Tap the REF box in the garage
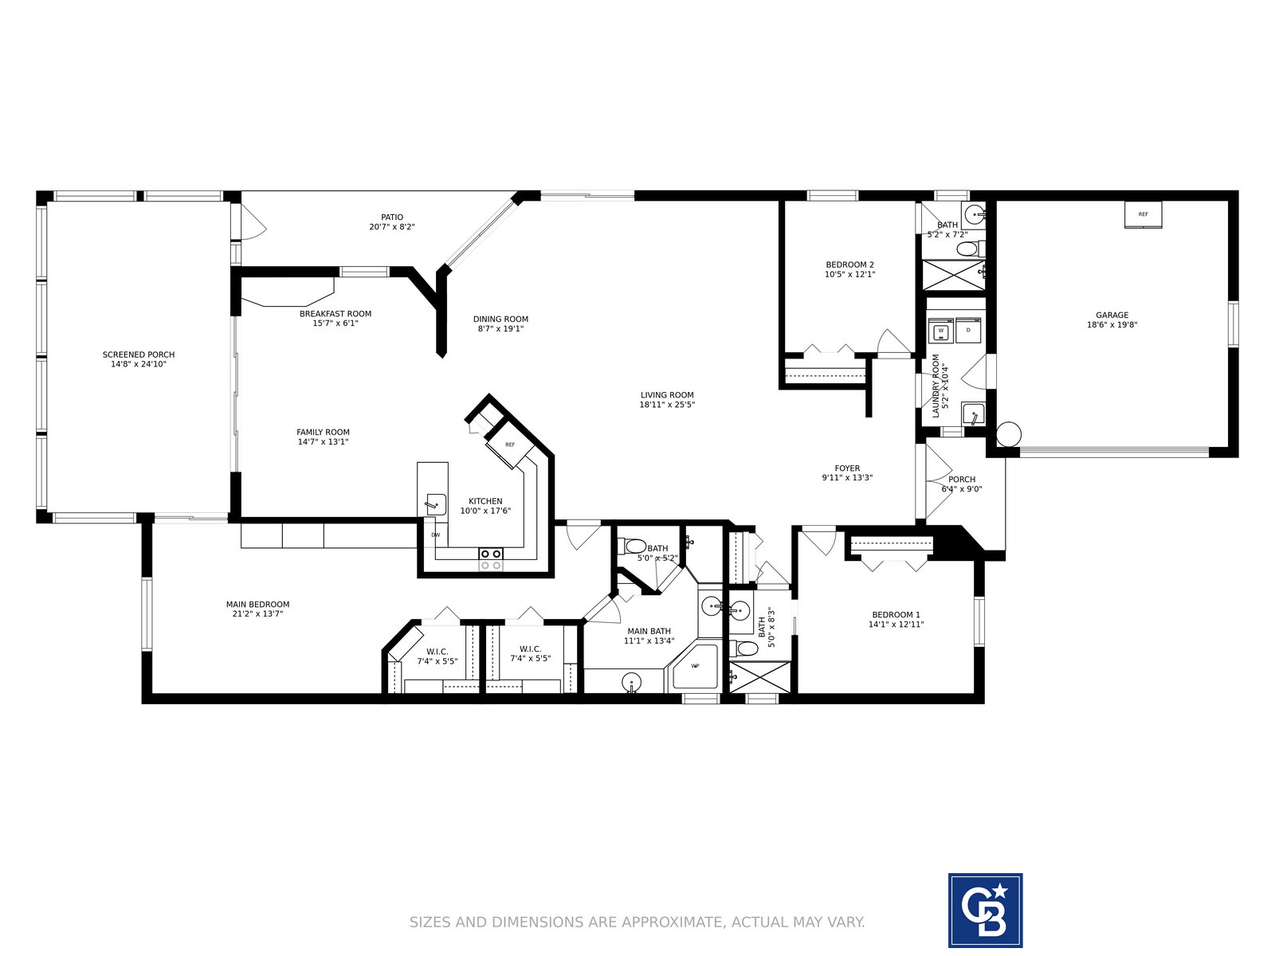1144,215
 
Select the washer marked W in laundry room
940,331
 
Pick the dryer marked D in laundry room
968,331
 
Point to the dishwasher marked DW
436,535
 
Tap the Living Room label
667,395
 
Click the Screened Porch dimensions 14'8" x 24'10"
139,364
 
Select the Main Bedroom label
258,604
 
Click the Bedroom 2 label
849,264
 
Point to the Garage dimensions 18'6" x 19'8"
1112,325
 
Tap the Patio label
392,217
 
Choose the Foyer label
847,468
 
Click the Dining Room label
500,319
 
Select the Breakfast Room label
335,314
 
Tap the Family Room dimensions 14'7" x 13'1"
323,441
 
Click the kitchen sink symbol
435,503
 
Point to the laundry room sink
973,413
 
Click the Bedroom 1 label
896,615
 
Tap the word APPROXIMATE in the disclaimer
673,922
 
